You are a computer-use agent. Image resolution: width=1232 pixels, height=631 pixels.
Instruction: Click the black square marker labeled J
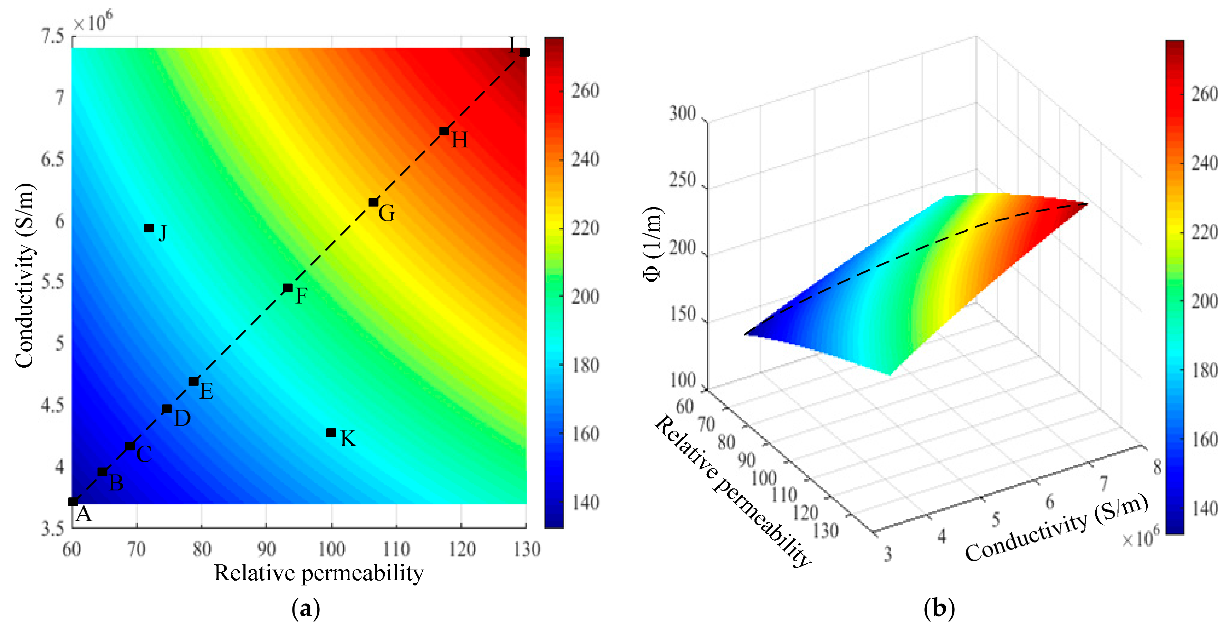[x=149, y=228]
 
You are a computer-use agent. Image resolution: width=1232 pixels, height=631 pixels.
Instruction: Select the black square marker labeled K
[x=331, y=432]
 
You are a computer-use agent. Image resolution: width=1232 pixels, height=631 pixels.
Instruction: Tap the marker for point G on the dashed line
[x=374, y=202]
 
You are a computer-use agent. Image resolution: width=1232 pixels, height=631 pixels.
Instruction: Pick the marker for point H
[x=444, y=131]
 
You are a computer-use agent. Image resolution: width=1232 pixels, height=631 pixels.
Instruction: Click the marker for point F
[x=287, y=288]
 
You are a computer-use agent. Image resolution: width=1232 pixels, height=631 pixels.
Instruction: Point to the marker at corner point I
[x=524, y=52]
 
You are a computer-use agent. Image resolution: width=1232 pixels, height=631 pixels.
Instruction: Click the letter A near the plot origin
[x=84, y=514]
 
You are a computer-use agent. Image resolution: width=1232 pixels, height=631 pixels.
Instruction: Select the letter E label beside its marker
[x=206, y=391]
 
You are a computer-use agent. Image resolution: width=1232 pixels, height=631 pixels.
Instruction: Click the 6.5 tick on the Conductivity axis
[x=52, y=159]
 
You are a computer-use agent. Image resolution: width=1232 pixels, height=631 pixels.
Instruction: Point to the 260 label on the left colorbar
[x=585, y=91]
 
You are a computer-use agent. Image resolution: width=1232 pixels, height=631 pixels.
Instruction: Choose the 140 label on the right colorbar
[x=1204, y=508]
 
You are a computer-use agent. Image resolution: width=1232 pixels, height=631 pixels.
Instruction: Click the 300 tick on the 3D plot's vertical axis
[x=682, y=114]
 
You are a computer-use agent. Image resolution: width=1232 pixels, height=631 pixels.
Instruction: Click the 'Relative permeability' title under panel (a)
[x=318, y=573]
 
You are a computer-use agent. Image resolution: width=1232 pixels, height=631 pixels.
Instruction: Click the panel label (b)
[x=939, y=609]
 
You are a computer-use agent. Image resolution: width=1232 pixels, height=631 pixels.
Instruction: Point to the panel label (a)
[x=306, y=609]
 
